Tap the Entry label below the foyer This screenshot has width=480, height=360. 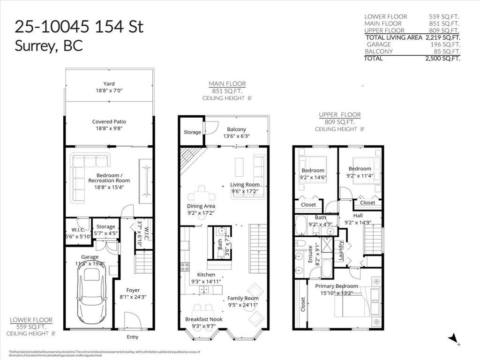(133, 337)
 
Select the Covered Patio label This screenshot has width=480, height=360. (109, 121)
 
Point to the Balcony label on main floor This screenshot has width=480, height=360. (236, 129)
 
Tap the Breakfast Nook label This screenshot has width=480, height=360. (203, 319)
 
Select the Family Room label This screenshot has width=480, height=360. (243, 298)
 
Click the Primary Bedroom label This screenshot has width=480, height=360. (336, 286)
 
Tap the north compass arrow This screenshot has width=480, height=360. (453, 338)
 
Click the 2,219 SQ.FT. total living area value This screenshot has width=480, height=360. (442, 37)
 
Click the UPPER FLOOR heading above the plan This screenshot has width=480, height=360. (339, 114)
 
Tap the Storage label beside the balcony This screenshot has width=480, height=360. (192, 132)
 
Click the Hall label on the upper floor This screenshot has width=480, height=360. (358, 216)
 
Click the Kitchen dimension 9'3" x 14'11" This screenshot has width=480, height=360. (206, 282)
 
